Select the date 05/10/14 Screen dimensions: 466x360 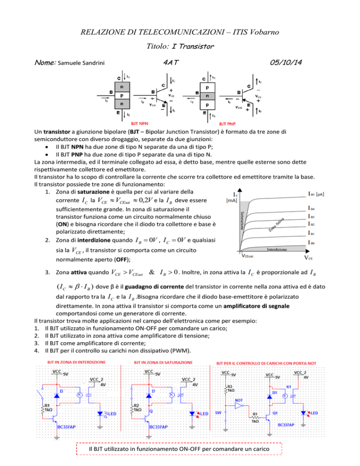(293, 63)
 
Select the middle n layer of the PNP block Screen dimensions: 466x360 (207, 94)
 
